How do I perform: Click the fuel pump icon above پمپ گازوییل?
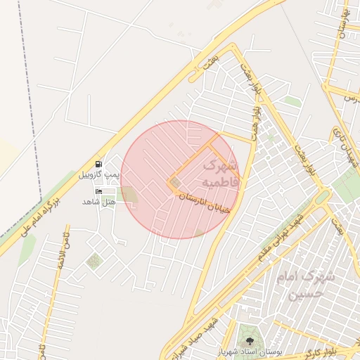pos(98,163)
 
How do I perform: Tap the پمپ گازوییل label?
pos(98,173)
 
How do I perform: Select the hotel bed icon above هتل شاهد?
pos(98,191)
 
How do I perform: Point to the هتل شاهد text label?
pos(98,202)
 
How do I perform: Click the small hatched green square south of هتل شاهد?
pos(94,262)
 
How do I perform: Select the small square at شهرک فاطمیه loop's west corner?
pos(174,185)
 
